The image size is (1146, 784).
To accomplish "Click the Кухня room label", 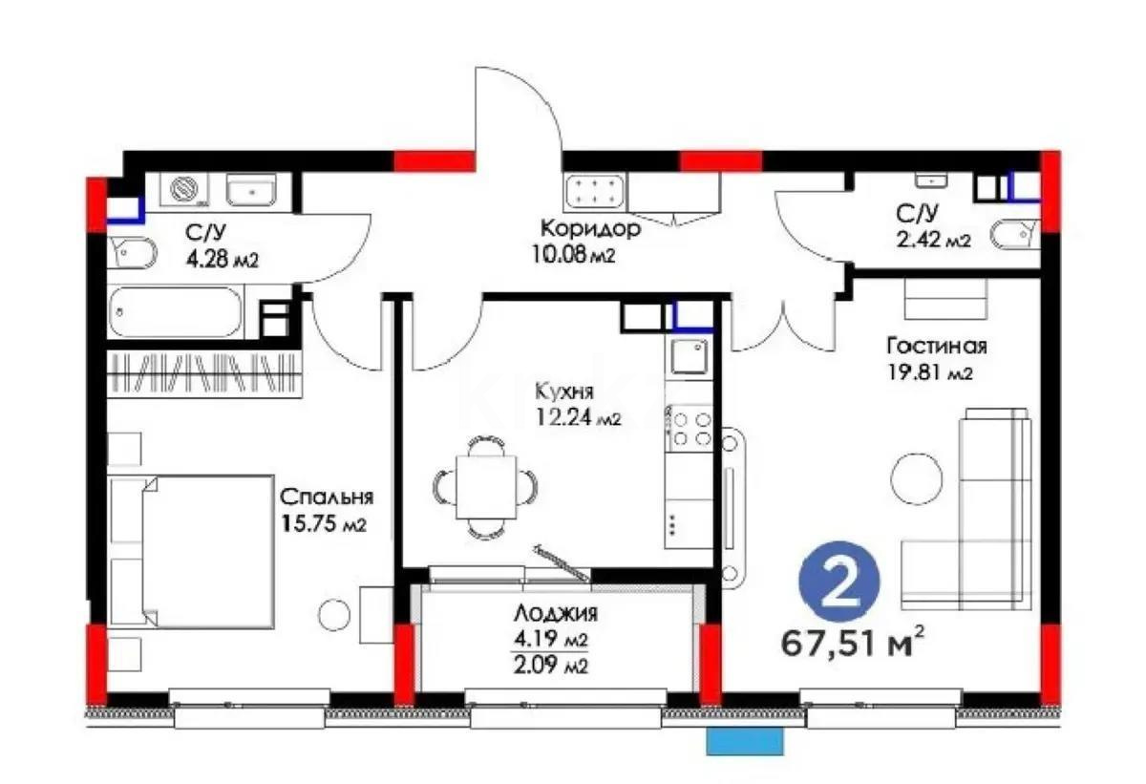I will point(566,392).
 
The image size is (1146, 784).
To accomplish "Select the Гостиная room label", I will point(936,346).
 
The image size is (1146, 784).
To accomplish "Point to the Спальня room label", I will point(326,497).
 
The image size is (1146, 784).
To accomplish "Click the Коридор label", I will point(590,229).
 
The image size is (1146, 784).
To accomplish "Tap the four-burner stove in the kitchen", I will point(690,428).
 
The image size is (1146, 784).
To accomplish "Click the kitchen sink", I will point(689,357).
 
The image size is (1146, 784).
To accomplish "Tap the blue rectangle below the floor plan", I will point(745,741).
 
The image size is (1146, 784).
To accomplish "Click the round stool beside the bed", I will point(334,614).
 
